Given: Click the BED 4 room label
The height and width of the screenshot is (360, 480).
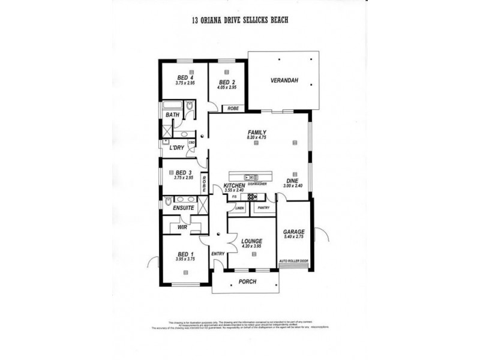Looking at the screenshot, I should coord(184,77).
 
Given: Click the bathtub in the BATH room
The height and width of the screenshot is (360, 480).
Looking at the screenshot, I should coord(173,108).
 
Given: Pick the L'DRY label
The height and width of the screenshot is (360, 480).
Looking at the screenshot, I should coord(176,148).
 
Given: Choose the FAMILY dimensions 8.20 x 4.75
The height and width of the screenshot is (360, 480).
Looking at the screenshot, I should coord(256,138).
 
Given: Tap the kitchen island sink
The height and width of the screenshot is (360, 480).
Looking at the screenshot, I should coord(253,177).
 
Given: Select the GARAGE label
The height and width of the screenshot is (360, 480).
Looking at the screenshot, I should coord(294,231).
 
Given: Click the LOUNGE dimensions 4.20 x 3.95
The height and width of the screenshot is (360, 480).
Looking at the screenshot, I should coord(252,246).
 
